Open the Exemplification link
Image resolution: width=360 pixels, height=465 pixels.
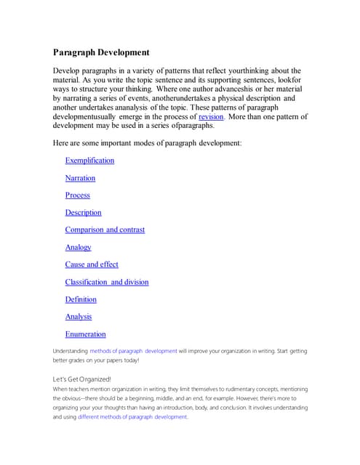89,161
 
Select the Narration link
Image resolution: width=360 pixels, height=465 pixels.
80,178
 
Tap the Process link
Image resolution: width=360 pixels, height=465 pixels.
77,195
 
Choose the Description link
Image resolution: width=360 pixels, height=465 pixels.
83,213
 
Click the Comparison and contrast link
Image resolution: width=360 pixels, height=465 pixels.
105,230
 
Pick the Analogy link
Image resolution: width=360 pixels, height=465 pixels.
78,248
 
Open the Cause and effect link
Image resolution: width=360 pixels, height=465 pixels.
92,264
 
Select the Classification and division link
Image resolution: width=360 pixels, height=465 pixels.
107,282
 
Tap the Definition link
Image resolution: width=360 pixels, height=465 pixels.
81,299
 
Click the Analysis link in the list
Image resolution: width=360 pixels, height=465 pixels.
79,317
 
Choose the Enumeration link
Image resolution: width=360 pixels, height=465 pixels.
85,334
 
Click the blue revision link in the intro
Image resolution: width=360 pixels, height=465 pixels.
211,116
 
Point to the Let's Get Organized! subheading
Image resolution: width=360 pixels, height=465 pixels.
82,379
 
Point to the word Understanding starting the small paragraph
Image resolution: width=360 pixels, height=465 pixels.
70,351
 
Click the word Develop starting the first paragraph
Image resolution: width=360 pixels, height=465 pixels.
67,69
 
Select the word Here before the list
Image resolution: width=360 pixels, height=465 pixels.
61,143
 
